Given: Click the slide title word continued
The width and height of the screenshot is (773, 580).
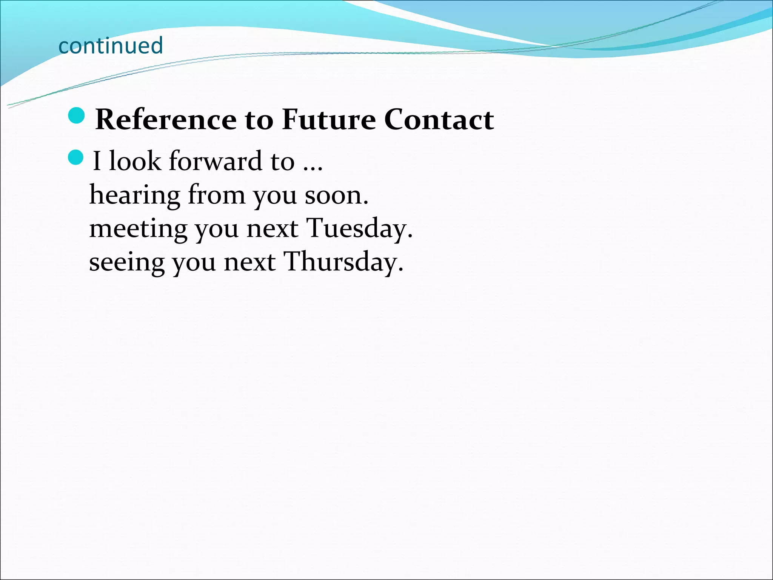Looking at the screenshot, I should (111, 46).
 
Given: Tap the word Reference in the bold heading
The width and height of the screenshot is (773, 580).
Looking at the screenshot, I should (166, 119).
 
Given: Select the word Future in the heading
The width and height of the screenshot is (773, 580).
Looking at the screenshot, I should (329, 119).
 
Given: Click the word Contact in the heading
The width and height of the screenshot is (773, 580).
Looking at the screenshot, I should (439, 119).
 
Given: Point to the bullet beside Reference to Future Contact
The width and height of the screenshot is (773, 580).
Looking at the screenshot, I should (77, 116).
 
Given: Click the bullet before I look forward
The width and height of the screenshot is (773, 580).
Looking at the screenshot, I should (76, 157).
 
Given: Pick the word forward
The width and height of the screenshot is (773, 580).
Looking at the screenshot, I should (215, 161).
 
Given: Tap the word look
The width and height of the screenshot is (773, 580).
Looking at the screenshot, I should (135, 161).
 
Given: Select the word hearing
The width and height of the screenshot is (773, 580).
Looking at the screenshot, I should (134, 196).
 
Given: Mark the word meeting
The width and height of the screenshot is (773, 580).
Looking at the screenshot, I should (138, 229).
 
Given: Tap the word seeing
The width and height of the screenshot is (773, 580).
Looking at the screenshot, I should (126, 262).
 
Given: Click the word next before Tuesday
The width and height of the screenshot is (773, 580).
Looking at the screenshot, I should (272, 229).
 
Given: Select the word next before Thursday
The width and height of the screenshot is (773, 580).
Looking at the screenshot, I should (249, 262).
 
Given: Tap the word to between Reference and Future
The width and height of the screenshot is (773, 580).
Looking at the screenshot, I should (259, 120).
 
